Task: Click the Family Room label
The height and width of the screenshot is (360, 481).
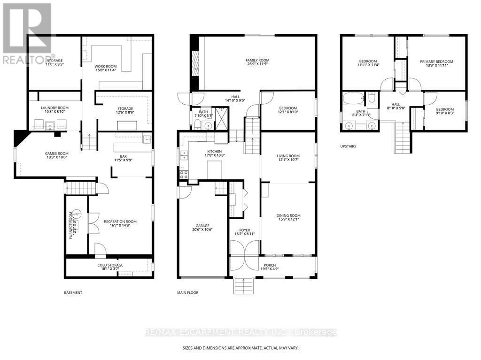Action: tap(257, 60)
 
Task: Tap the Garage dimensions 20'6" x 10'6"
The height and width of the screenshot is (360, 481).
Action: tap(202, 230)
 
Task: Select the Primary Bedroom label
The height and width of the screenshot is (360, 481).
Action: tap(436, 61)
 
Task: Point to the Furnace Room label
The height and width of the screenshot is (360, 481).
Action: tap(71, 226)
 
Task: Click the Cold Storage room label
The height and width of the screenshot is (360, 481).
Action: tap(110, 265)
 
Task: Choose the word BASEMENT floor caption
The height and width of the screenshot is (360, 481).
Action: tap(73, 293)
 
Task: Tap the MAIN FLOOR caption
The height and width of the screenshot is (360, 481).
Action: tap(187, 293)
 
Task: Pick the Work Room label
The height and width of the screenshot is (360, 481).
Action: tap(105, 67)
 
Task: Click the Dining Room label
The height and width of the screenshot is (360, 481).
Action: tap(288, 216)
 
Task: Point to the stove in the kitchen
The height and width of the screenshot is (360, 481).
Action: tap(183, 174)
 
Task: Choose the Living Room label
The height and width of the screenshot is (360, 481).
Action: tap(287, 156)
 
